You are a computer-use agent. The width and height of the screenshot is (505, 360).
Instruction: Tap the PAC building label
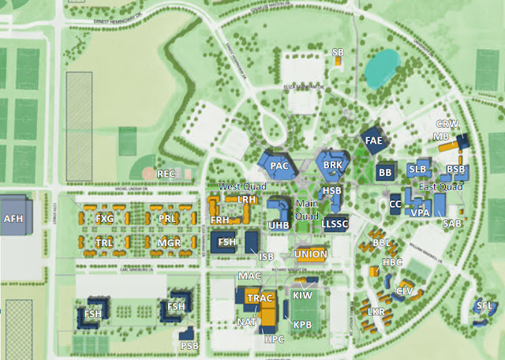pos(279,167)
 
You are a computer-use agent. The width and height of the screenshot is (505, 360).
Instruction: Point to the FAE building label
pos(374,141)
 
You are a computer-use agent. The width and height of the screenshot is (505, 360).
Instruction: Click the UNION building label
pos(310,254)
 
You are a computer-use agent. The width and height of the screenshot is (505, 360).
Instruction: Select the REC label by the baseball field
pos(166,173)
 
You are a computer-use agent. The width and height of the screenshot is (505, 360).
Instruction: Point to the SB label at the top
pos(338,52)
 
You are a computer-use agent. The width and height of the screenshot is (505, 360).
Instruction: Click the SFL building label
pos(484,305)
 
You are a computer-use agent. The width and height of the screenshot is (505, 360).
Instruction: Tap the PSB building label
pos(189,345)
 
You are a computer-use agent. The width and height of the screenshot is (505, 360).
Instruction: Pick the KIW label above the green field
pos(302,295)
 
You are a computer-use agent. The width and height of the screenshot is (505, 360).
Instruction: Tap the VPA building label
pos(420,212)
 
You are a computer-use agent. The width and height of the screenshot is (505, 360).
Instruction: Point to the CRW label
pos(447,124)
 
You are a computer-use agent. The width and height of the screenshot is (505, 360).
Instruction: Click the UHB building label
pos(279,225)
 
